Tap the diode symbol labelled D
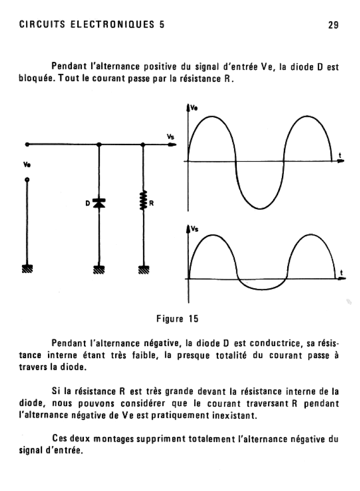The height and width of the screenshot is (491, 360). [x=99, y=203]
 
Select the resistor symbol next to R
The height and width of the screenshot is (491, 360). [x=143, y=201]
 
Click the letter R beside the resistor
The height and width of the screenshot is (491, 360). [x=151, y=203]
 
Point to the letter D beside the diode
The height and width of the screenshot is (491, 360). [x=88, y=203]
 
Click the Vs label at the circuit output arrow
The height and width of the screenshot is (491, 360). [x=170, y=137]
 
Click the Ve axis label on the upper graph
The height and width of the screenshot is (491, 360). [x=194, y=109]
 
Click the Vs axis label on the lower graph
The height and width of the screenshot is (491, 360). [x=194, y=230]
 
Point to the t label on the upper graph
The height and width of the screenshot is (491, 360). [x=339, y=154]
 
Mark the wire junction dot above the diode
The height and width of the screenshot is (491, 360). [x=99, y=144]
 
